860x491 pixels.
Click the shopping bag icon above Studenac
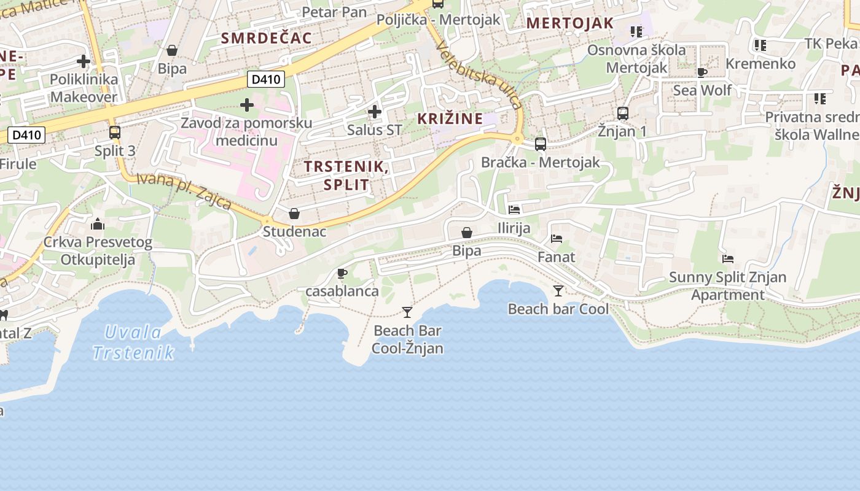(x=294, y=214)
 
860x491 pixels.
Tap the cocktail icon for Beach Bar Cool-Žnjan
(x=407, y=312)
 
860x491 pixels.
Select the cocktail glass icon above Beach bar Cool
(x=558, y=290)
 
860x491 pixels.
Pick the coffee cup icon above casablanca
(x=342, y=273)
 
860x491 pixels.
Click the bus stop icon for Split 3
(x=114, y=132)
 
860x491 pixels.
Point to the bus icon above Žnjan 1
(x=622, y=113)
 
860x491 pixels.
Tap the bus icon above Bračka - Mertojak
(x=540, y=144)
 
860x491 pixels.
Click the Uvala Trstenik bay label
(x=133, y=342)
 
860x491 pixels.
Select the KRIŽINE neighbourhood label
(x=450, y=118)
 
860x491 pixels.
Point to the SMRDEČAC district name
(x=267, y=38)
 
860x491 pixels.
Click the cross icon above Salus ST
(x=374, y=112)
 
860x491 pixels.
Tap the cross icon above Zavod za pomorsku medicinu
(x=247, y=105)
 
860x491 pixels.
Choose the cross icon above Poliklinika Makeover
(x=84, y=61)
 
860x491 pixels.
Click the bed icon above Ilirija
(x=514, y=210)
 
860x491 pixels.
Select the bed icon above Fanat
(x=557, y=238)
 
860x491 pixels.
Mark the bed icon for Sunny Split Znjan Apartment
(x=728, y=258)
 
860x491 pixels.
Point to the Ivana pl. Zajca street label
(x=184, y=190)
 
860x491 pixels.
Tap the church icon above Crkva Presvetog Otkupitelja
(x=97, y=224)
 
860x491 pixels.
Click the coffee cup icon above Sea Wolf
(x=702, y=72)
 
